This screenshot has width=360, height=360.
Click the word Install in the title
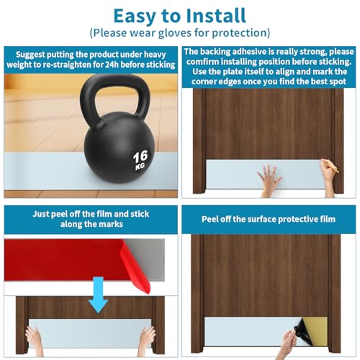coord(216,16)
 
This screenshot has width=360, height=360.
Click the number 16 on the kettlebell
coord(140,157)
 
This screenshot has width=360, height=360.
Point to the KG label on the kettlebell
coord(140,166)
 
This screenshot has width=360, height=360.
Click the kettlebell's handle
coord(116,89)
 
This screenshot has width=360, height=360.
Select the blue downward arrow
coord(98,294)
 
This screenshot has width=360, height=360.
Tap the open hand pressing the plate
coord(269,179)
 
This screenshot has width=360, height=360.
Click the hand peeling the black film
coord(288,344)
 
